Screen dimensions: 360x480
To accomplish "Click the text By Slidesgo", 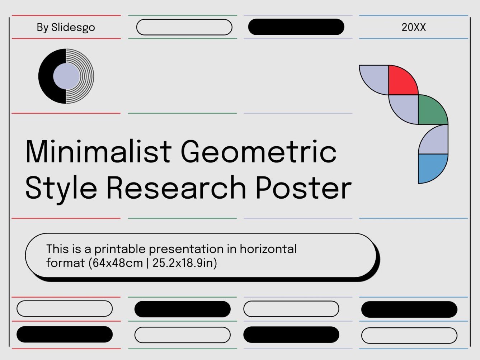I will (66, 27).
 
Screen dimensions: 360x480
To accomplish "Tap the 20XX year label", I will (413, 27).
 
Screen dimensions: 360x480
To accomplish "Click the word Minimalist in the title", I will (98, 151).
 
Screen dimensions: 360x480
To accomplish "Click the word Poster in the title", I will (303, 187).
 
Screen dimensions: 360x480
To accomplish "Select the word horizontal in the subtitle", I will (268, 248).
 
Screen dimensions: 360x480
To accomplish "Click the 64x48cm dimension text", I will (117, 263).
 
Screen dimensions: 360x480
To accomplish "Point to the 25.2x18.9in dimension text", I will (184, 263).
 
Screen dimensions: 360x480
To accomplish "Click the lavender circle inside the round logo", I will (66, 76).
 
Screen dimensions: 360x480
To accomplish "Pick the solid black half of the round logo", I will (46, 76).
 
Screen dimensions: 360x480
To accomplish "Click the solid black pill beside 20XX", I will (296, 27).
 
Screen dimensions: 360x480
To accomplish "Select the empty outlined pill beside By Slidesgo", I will (184, 27).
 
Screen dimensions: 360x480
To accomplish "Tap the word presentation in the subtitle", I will (186, 249).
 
